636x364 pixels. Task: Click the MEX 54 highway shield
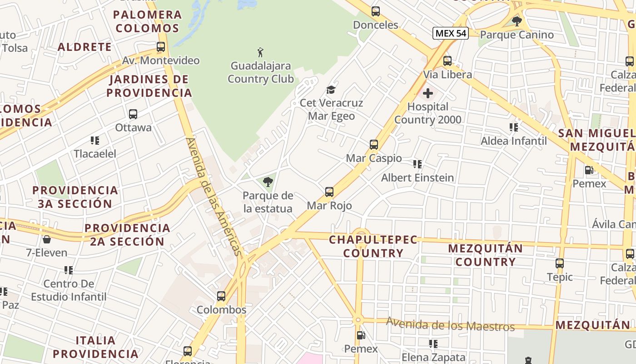point(450,33)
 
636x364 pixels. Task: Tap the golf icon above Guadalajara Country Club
point(260,52)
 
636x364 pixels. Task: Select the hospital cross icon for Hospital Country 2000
point(427,94)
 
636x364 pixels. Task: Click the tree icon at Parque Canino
point(517,21)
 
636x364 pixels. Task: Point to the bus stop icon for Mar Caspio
point(374,145)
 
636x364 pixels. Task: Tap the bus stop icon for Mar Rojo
point(329,192)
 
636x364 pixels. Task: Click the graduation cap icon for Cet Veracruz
point(331,90)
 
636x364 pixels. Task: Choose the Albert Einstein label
point(417,178)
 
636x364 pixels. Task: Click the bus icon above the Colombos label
point(221,296)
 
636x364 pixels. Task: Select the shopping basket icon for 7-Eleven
point(46,239)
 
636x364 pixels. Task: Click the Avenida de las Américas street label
point(213,197)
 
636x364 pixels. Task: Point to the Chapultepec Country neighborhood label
point(373,246)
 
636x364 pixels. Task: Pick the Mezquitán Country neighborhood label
point(486,255)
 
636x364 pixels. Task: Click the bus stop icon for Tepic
point(560,263)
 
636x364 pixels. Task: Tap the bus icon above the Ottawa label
point(133,114)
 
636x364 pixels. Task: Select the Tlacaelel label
point(95,154)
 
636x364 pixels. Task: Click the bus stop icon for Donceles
point(376,11)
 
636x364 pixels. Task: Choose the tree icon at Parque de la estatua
point(268,182)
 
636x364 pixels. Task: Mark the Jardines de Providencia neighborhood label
point(149,86)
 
